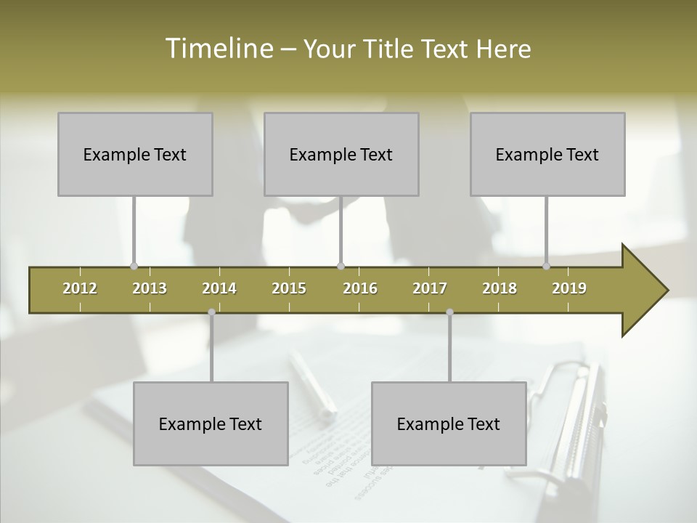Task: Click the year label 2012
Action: [80, 288]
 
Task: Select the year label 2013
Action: [150, 288]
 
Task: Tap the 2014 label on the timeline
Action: [219, 288]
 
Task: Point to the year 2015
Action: [289, 288]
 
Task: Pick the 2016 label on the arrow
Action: [360, 288]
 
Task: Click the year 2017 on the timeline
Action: [430, 288]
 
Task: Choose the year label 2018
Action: [500, 288]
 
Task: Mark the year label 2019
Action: [569, 288]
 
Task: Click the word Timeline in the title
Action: [217, 49]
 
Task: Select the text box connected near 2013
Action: [135, 154]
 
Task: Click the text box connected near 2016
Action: [341, 154]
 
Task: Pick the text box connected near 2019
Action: [547, 154]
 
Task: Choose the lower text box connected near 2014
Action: [211, 423]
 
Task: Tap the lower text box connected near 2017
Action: [449, 423]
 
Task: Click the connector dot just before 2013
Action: [134, 266]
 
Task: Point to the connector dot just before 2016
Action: [341, 266]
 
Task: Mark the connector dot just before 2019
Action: [547, 266]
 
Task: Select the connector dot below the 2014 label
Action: [211, 312]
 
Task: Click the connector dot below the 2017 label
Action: [449, 312]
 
